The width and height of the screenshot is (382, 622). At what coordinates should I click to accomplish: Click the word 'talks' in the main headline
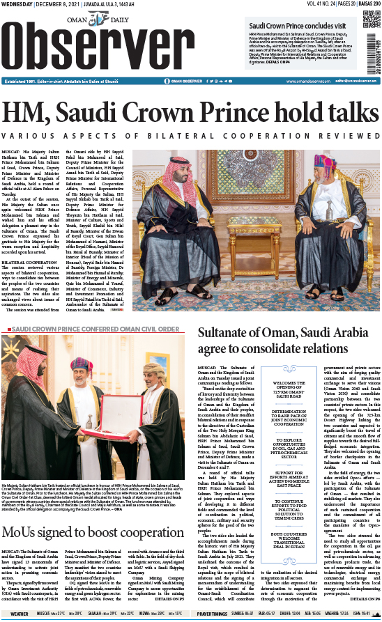pyautogui.click(x=344, y=114)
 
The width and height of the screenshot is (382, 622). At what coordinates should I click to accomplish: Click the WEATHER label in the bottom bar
pyautogui.click(x=20, y=614)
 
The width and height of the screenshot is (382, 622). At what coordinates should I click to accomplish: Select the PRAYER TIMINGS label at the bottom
pyautogui.click(x=213, y=614)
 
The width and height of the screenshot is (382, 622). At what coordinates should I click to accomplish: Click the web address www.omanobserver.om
pyautogui.click(x=293, y=81)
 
